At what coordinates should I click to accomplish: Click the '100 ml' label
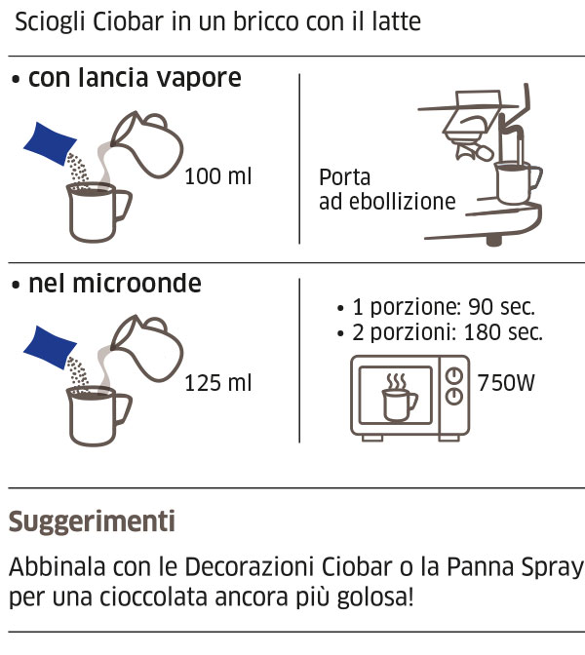coord(218,176)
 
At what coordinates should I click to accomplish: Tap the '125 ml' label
coord(218,383)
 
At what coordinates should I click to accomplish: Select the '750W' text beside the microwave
coord(506,382)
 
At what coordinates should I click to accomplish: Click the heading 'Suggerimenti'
coord(92,521)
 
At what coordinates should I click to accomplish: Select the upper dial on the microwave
coord(452,376)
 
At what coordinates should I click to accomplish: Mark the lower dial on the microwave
coord(452,397)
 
